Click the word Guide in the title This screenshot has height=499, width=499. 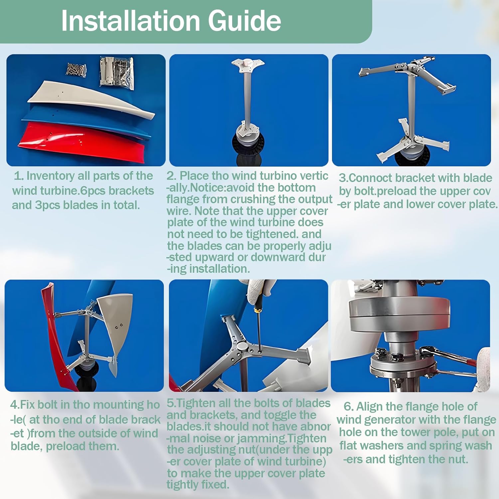tap(245, 21)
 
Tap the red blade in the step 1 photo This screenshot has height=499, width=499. tap(83, 143)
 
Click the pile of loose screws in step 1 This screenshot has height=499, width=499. tap(77, 69)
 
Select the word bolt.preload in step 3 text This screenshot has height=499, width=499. tap(380, 191)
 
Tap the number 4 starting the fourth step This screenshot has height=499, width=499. tap(14, 405)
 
